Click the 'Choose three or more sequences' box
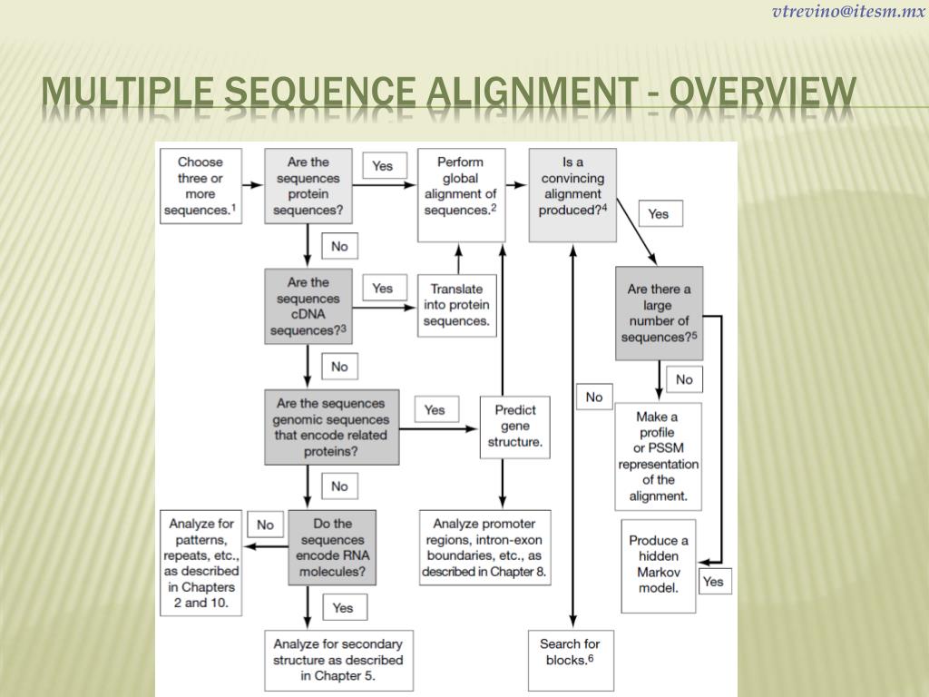click(x=200, y=186)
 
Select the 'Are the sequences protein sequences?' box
click(x=308, y=186)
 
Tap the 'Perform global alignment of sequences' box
click(x=461, y=194)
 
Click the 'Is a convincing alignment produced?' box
click(x=572, y=194)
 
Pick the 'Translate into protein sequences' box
click(x=456, y=305)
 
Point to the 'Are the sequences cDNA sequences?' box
click(x=308, y=306)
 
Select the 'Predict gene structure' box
click(x=514, y=427)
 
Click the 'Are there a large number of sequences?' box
click(x=659, y=313)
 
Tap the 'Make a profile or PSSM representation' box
click(x=659, y=456)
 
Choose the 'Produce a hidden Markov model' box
click(x=659, y=564)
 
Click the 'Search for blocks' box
click(x=570, y=652)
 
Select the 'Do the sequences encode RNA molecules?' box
click(x=331, y=547)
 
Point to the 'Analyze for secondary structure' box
click(x=337, y=660)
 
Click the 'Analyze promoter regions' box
click(x=484, y=547)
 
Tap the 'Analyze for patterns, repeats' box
click(x=200, y=563)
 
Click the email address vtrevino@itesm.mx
click(x=848, y=12)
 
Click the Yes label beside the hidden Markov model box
click(x=713, y=581)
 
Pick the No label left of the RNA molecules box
click(x=265, y=525)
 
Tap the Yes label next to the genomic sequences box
click(x=435, y=409)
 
